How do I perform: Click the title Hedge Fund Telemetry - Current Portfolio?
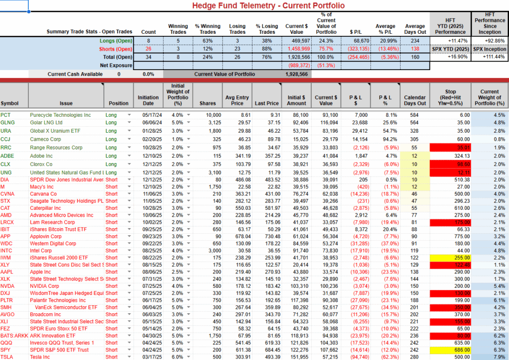(x=268, y=5)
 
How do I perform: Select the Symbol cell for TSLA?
(x=7, y=357)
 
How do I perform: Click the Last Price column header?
(x=266, y=103)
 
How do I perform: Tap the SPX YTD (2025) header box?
(x=451, y=49)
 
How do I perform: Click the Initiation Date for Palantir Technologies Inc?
(x=148, y=300)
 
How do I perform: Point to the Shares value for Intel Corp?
(x=208, y=251)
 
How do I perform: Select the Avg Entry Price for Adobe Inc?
(x=237, y=156)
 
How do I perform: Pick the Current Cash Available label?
(x=75, y=74)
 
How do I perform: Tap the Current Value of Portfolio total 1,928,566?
(x=297, y=74)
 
